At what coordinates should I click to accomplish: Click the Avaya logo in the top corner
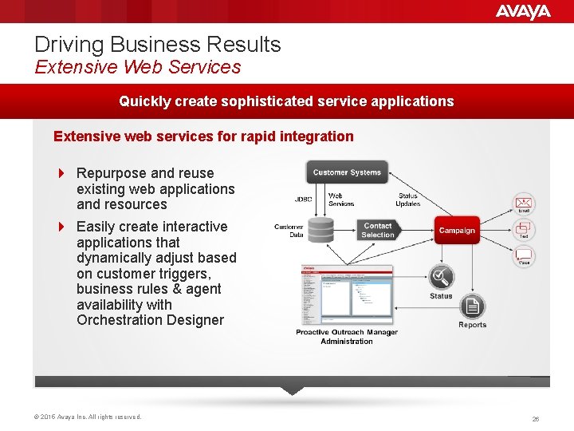point(522,11)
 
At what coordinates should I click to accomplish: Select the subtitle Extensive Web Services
point(137,67)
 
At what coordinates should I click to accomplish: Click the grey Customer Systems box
point(347,172)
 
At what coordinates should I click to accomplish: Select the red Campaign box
point(457,230)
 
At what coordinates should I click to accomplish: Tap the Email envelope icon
point(524,203)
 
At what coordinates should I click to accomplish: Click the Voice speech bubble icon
point(524,255)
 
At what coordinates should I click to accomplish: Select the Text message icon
point(524,228)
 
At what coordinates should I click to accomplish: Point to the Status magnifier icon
point(441,278)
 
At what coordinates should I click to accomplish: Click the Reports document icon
point(473,306)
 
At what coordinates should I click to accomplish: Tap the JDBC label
point(304,199)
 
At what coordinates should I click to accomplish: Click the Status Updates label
point(407,199)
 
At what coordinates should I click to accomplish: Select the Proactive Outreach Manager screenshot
point(346,294)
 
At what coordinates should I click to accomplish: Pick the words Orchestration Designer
point(150,320)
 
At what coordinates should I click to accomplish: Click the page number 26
point(536,418)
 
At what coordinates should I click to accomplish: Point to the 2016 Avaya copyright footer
point(88,417)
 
